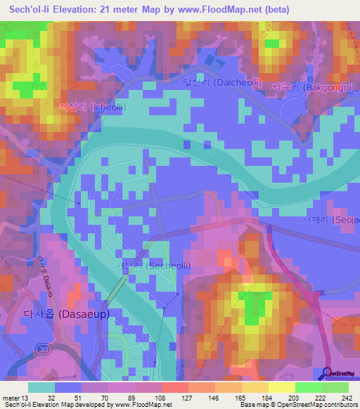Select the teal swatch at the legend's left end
coord(41,387)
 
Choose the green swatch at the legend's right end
coord(335,387)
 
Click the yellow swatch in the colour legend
coord(282,387)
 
